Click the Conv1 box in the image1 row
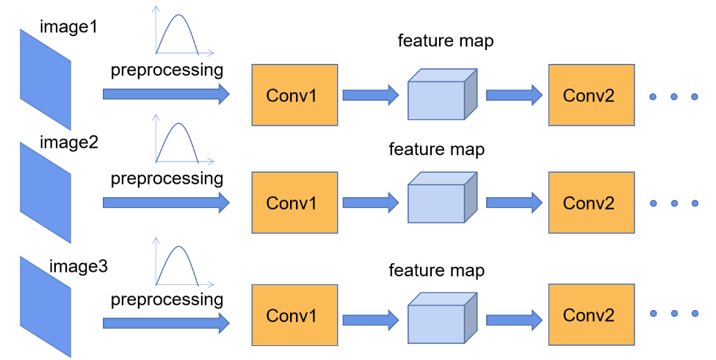click(294, 95)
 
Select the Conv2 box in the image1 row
click(591, 95)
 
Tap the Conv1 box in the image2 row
click(294, 203)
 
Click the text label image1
click(68, 28)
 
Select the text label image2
click(68, 142)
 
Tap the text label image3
click(78, 265)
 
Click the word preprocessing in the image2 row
click(167, 179)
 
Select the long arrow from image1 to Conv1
click(166, 94)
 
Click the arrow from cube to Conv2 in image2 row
click(514, 204)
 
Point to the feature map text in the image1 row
click(446, 41)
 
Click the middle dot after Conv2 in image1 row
click(674, 96)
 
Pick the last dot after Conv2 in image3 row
click(694, 314)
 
